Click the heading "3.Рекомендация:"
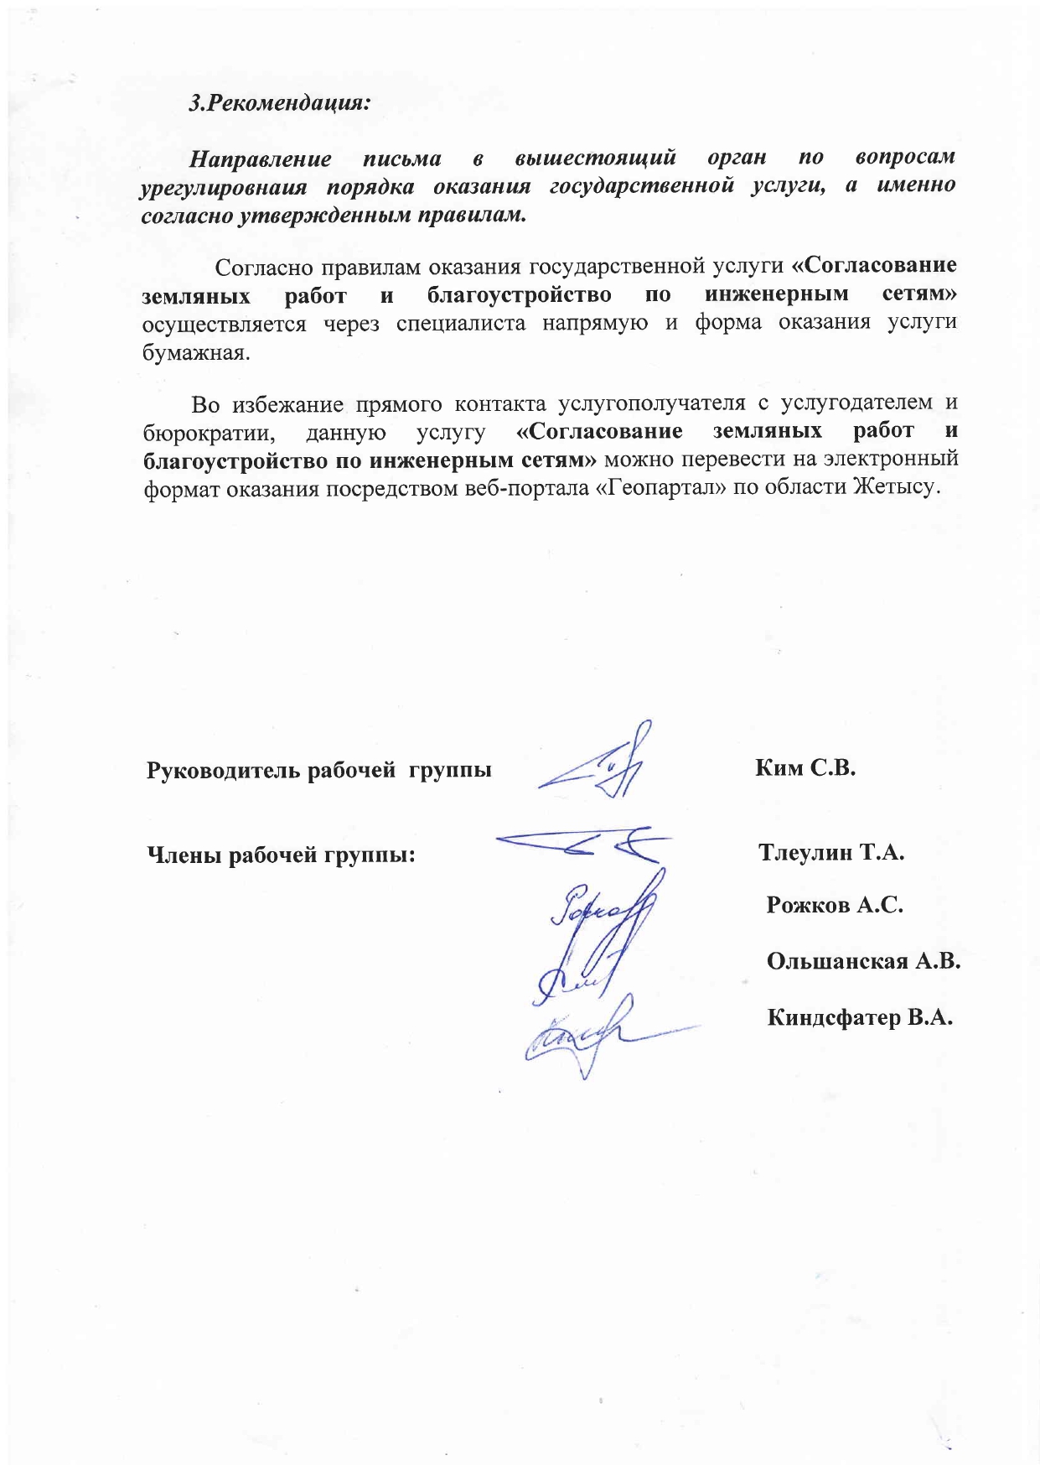(x=280, y=104)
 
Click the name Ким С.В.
(x=805, y=767)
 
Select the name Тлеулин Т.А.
(x=830, y=852)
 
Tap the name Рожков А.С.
(x=834, y=905)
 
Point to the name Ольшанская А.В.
(x=862, y=961)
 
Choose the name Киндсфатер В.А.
(x=860, y=1017)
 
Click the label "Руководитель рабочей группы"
(x=318, y=770)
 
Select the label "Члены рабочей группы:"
(x=282, y=855)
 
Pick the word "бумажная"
(x=196, y=352)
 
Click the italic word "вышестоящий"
(x=595, y=157)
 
